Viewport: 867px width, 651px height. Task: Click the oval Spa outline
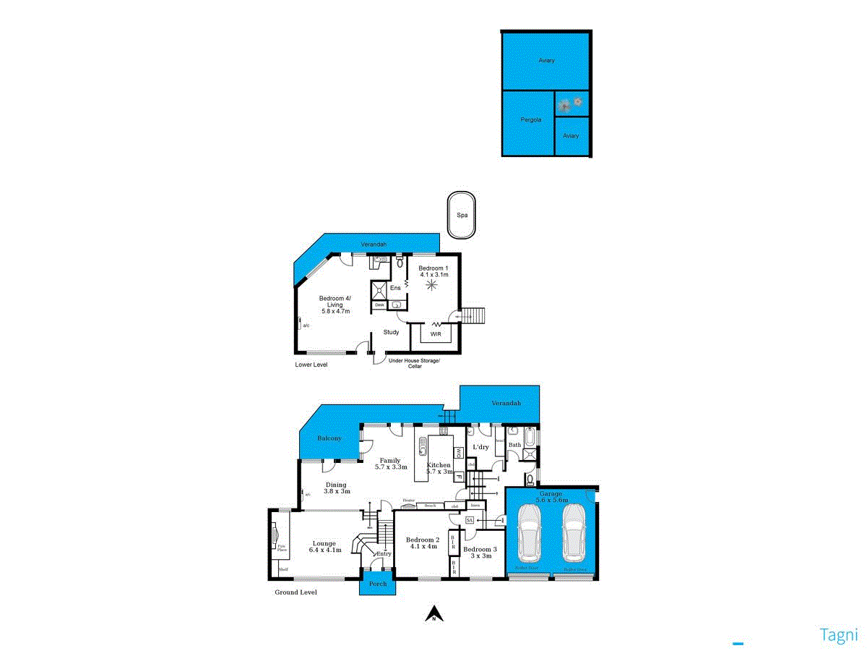point(461,215)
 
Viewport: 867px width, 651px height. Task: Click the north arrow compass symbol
point(433,614)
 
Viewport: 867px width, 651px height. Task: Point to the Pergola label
point(531,119)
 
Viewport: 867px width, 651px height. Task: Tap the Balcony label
point(329,439)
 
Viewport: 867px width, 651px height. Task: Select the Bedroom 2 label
point(423,540)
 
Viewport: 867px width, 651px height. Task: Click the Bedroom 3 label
point(481,549)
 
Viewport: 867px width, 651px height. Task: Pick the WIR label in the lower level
point(436,334)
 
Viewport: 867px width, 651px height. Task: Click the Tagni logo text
point(838,635)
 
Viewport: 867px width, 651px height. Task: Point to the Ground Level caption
point(296,592)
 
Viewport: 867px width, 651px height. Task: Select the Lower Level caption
point(311,365)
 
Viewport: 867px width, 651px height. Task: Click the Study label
point(391,333)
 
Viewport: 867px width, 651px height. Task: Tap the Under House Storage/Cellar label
point(414,363)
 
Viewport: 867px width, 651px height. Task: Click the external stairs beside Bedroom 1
point(473,315)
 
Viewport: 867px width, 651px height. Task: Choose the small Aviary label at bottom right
point(571,136)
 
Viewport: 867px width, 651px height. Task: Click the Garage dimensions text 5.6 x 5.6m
point(551,500)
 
